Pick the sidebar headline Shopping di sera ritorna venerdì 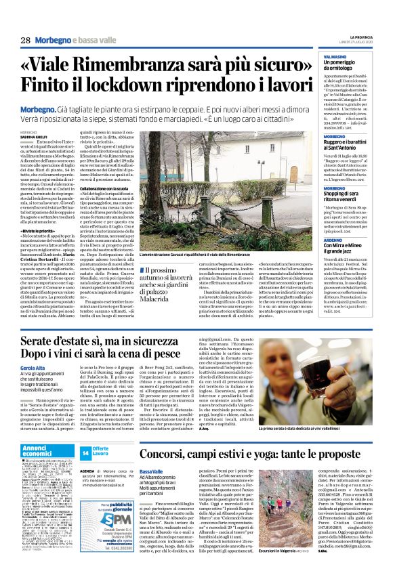click(346, 193)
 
